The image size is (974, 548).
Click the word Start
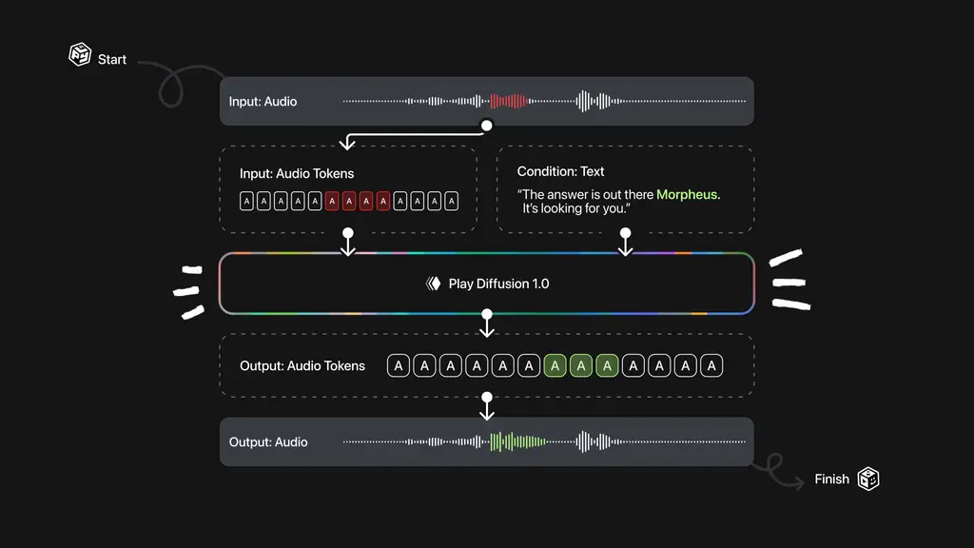[112, 59]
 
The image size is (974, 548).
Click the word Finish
[831, 479]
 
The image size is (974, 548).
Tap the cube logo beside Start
[80, 55]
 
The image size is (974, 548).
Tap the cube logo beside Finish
[868, 479]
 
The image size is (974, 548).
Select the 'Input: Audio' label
[263, 102]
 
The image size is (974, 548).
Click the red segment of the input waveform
[508, 101]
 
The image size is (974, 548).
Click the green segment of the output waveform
[516, 441]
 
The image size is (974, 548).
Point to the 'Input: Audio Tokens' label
[297, 174]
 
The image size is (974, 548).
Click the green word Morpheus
[689, 194]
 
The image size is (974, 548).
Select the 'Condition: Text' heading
[560, 171]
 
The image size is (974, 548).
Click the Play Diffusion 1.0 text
[498, 284]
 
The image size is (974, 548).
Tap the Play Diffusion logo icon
[434, 284]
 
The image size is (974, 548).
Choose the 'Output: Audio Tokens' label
[302, 365]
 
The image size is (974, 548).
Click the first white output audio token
[399, 365]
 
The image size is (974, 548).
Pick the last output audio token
[711, 365]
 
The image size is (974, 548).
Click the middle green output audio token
[581, 365]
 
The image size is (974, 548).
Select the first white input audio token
[247, 201]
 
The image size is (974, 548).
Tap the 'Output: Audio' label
[268, 441]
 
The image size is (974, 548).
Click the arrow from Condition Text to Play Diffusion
[625, 244]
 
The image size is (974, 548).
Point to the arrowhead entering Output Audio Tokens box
[487, 332]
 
